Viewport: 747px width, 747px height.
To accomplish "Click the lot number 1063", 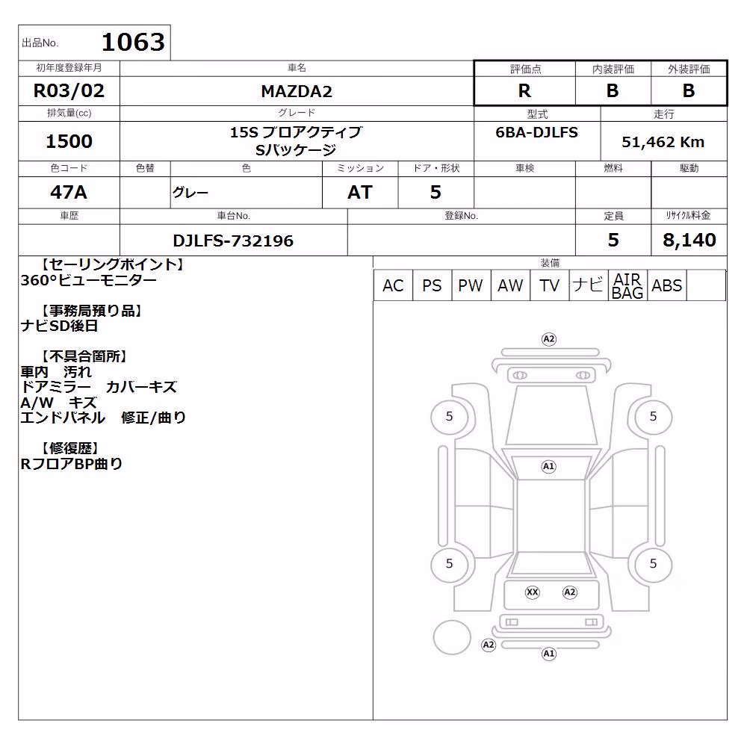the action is pos(134,43).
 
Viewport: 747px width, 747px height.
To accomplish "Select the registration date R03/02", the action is pos(69,90).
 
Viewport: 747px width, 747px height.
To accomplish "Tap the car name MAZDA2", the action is pos(297,91).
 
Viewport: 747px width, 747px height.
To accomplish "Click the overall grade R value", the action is pos(524,90).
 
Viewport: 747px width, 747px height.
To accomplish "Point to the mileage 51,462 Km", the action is pos(663,142).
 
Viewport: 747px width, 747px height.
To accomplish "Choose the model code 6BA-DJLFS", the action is pos(536,132).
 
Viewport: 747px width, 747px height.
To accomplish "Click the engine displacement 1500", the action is pos(69,141).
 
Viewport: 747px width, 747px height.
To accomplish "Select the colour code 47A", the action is pos(69,192).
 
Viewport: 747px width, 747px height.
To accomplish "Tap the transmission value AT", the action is pos(360,192).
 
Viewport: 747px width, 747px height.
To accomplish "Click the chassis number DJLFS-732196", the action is pos(233,241).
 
